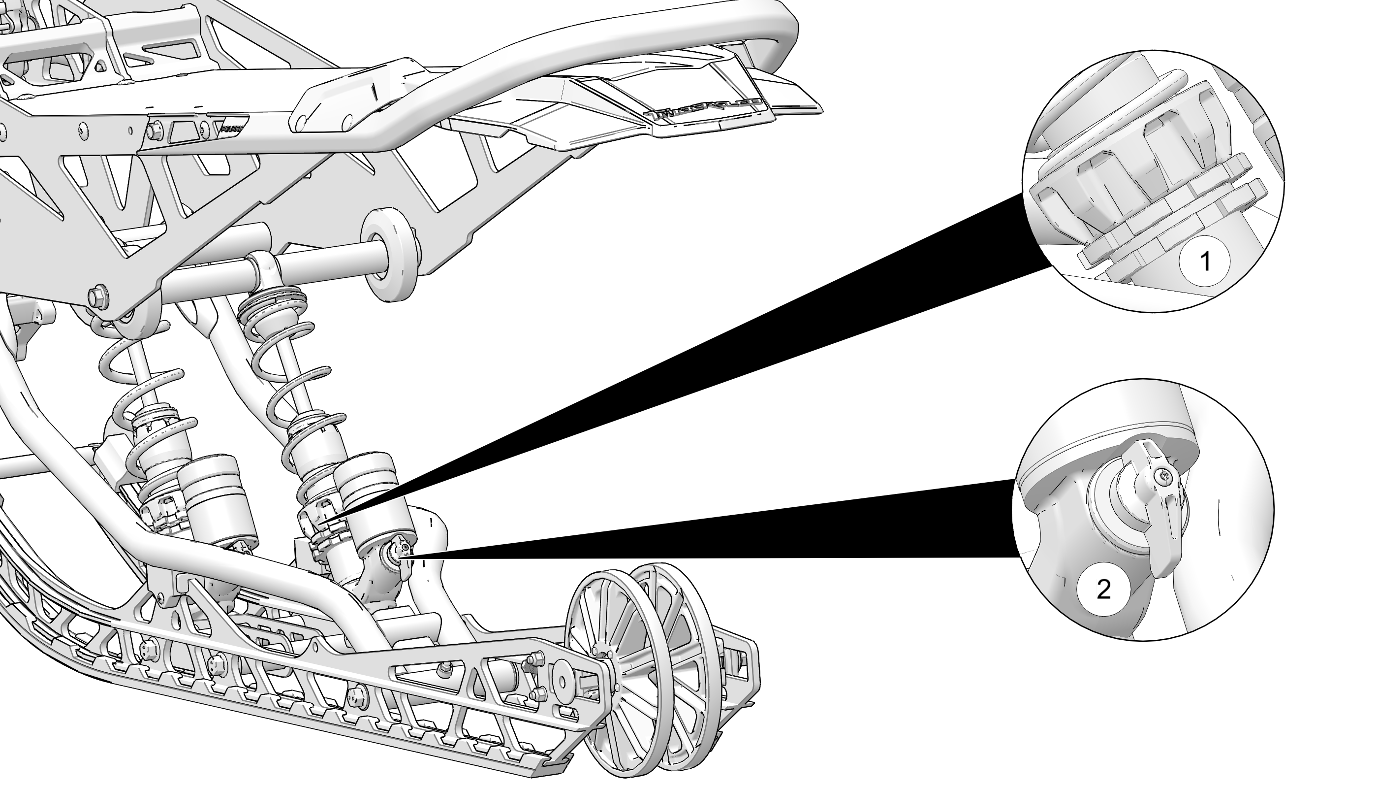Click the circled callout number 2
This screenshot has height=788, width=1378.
pyautogui.click(x=1103, y=589)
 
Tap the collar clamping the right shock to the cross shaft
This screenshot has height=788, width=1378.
pyautogui.click(x=265, y=266)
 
